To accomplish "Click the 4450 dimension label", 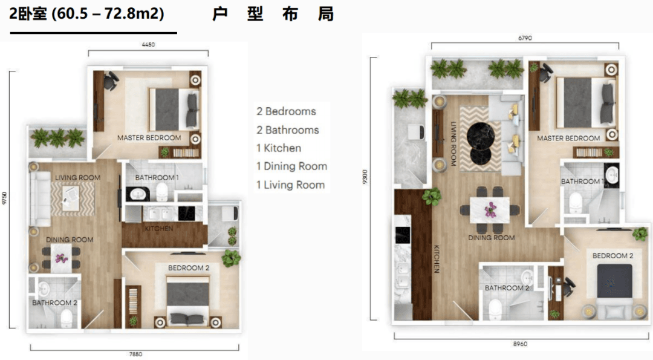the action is pos(148,45).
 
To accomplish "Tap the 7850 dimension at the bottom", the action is pos(135,354).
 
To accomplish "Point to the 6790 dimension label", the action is pos(525,38).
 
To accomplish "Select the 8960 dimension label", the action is pos(520,344).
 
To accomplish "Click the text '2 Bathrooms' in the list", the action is pos(288,130).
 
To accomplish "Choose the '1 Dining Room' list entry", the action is pos(291,166).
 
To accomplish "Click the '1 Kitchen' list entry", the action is pos(279,148).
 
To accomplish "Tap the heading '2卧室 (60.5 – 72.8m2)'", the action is pos(86,14).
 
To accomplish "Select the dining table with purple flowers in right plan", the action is pos(490,210).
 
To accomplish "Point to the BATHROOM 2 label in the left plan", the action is pos(54,303).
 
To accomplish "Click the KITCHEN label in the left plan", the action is pos(158,228).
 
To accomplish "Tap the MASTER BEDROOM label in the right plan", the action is pos(568,138).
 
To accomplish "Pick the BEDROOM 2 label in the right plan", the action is pos(612,255).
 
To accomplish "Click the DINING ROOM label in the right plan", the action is pos(492,238).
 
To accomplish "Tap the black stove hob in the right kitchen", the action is pos(402,235).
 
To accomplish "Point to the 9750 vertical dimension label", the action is pos(5,198).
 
